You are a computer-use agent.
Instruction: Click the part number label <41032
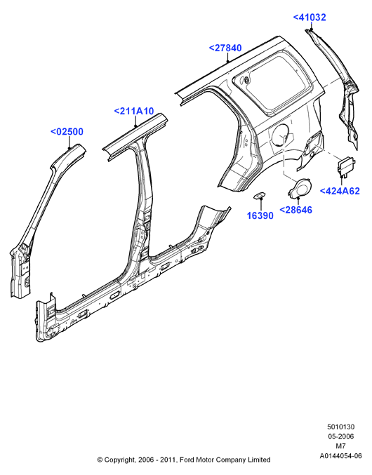[x=310, y=18]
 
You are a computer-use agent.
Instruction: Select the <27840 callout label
[x=225, y=48]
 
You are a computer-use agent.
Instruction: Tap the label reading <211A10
[x=134, y=111]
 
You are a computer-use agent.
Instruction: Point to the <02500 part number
[x=67, y=132]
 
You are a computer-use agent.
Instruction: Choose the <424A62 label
[x=340, y=191]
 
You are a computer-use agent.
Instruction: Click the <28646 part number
[x=295, y=210]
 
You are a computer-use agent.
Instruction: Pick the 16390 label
[x=260, y=215]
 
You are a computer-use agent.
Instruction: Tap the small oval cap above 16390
[x=260, y=196]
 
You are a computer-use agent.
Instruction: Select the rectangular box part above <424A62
[x=346, y=166]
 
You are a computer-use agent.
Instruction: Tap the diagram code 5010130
[x=340, y=427]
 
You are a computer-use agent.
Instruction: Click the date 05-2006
[x=340, y=436]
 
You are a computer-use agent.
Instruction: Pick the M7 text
[x=341, y=446]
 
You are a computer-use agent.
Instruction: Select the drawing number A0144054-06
[x=341, y=456]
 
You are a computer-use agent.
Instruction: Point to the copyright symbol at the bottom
[x=100, y=460]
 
